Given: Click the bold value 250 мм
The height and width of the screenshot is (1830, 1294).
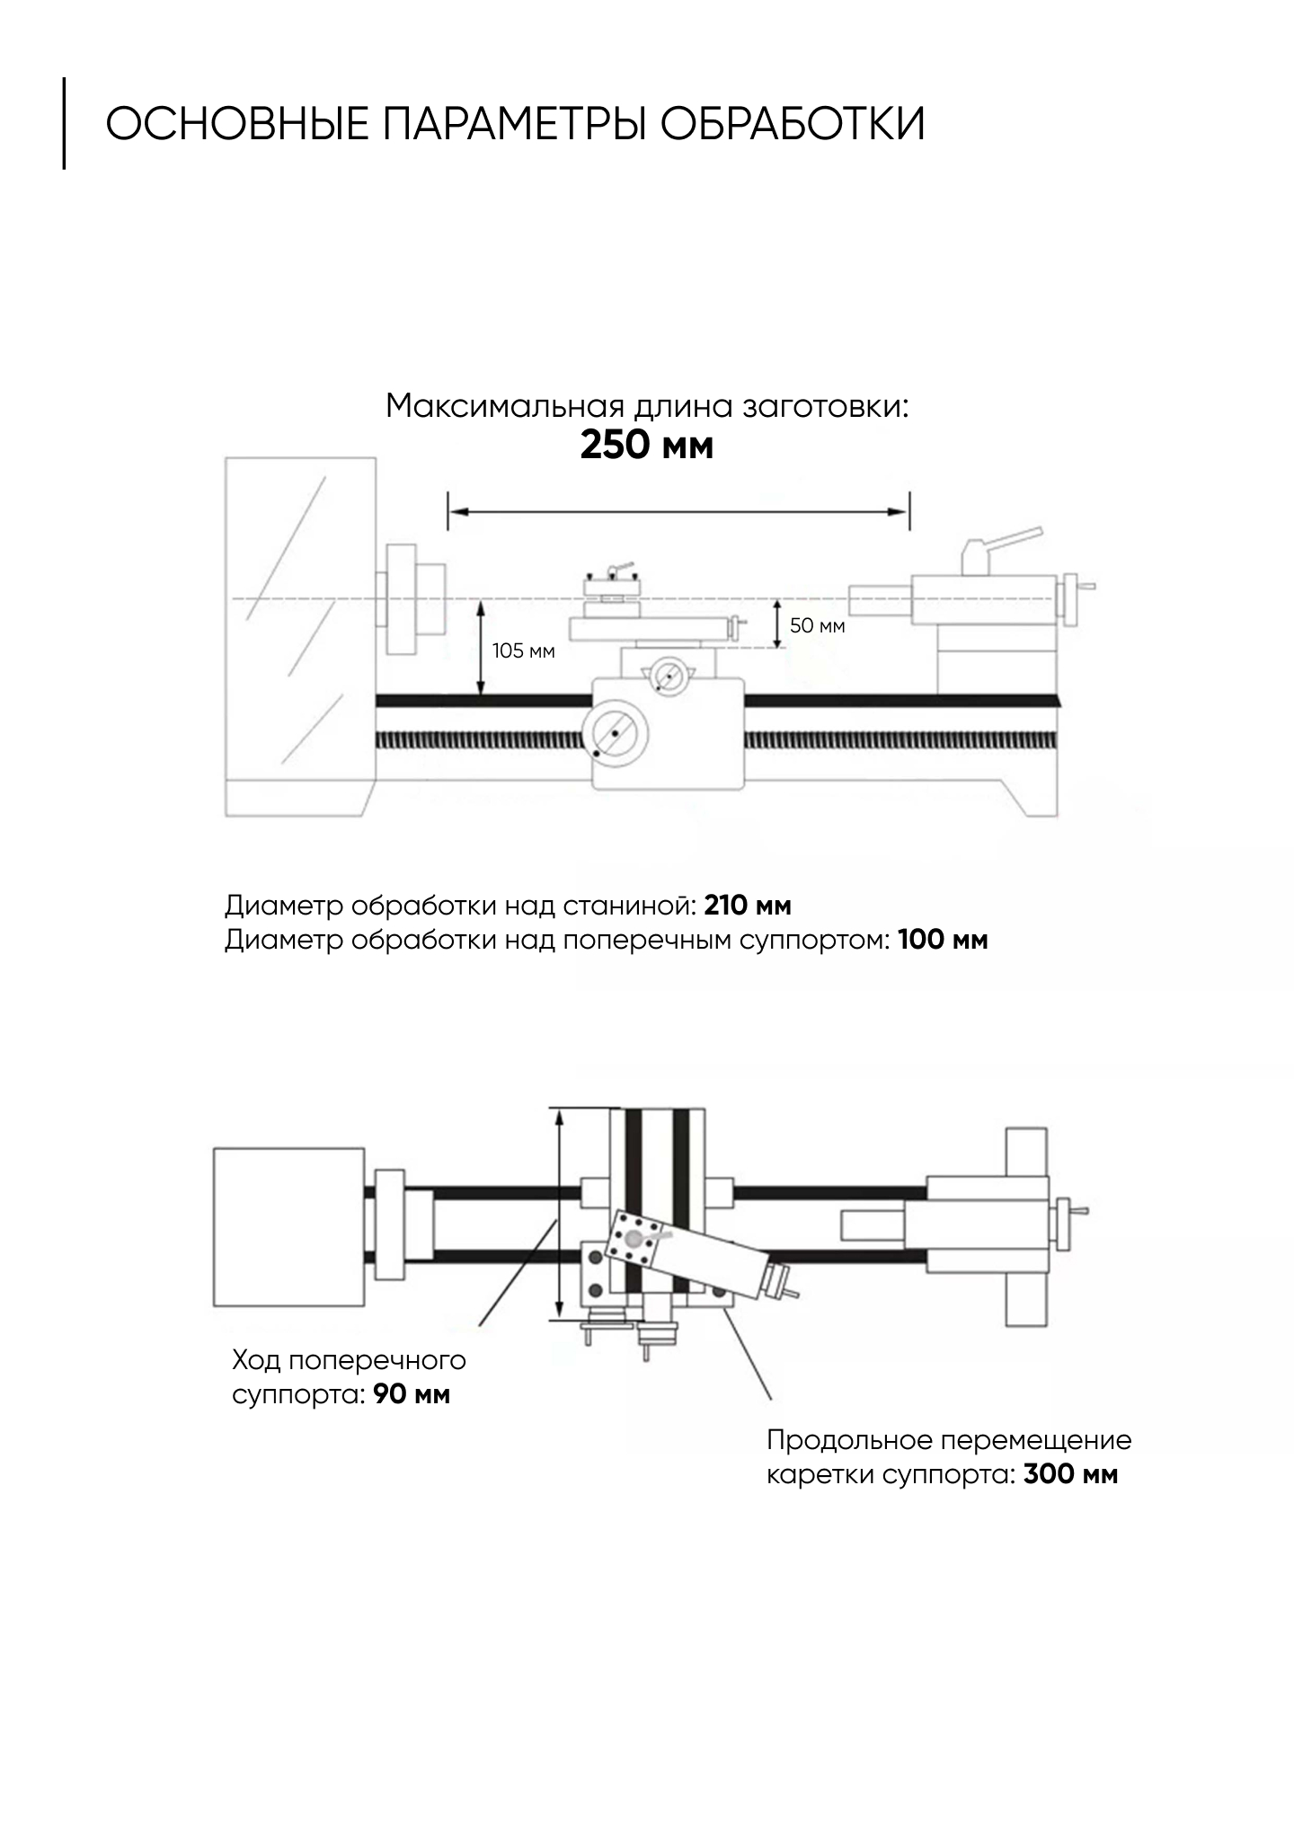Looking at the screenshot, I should coord(646,446).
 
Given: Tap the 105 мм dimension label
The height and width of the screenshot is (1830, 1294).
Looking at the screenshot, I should coord(523,650).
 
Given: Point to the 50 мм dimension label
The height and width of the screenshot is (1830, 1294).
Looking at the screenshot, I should coord(817,625).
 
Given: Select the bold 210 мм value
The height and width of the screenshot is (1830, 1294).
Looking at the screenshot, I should coord(748,906).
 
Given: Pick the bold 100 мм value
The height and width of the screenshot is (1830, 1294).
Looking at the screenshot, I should coord(943,941).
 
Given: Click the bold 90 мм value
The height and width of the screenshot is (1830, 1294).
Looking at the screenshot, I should coord(412,1394).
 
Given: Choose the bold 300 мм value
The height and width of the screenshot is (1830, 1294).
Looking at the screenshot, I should coord(1070,1475).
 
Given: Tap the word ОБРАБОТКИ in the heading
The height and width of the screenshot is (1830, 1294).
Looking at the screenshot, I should coord(793,124).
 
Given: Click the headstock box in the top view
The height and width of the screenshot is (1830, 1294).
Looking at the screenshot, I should coord(288,1230).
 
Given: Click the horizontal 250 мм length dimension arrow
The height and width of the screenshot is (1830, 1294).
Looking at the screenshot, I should coord(678,511).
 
